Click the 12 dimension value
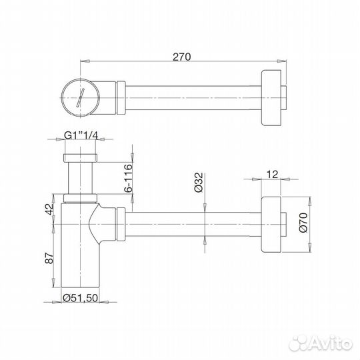[272, 174]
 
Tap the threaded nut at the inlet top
[79, 158]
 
